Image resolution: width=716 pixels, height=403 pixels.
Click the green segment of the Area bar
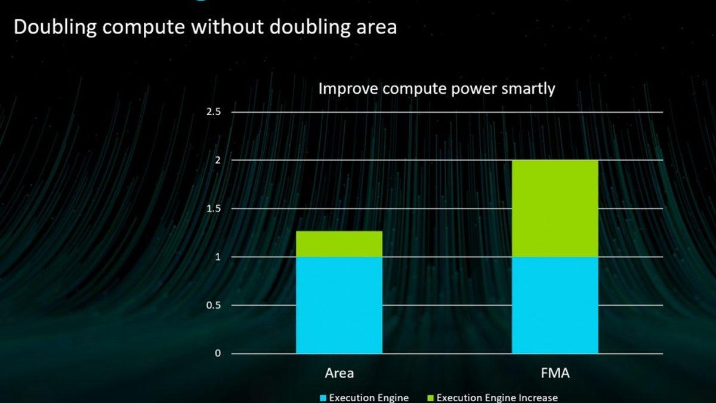pyautogui.click(x=339, y=244)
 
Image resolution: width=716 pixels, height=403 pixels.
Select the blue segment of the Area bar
pyautogui.click(x=339, y=305)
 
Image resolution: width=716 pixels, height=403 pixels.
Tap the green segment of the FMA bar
pyautogui.click(x=555, y=208)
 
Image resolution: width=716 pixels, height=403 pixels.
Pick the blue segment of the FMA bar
pyautogui.click(x=555, y=305)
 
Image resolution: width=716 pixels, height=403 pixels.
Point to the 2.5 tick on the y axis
pyautogui.click(x=214, y=112)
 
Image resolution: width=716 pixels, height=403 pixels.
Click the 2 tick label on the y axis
pyautogui.click(x=218, y=160)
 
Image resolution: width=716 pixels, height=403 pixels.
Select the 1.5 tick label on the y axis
pyautogui.click(x=214, y=208)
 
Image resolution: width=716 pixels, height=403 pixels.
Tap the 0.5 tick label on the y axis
pyautogui.click(x=214, y=305)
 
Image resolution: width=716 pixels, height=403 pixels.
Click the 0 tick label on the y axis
pyautogui.click(x=218, y=353)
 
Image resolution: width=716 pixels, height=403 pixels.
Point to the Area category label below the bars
pyautogui.click(x=339, y=373)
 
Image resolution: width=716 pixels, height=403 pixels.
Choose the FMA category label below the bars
pyautogui.click(x=555, y=373)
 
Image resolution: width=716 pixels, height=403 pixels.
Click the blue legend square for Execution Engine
pyautogui.click(x=323, y=398)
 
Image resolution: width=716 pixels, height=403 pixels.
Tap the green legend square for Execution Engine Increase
pyautogui.click(x=430, y=398)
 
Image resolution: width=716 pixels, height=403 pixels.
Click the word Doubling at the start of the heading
pyautogui.click(x=55, y=27)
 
